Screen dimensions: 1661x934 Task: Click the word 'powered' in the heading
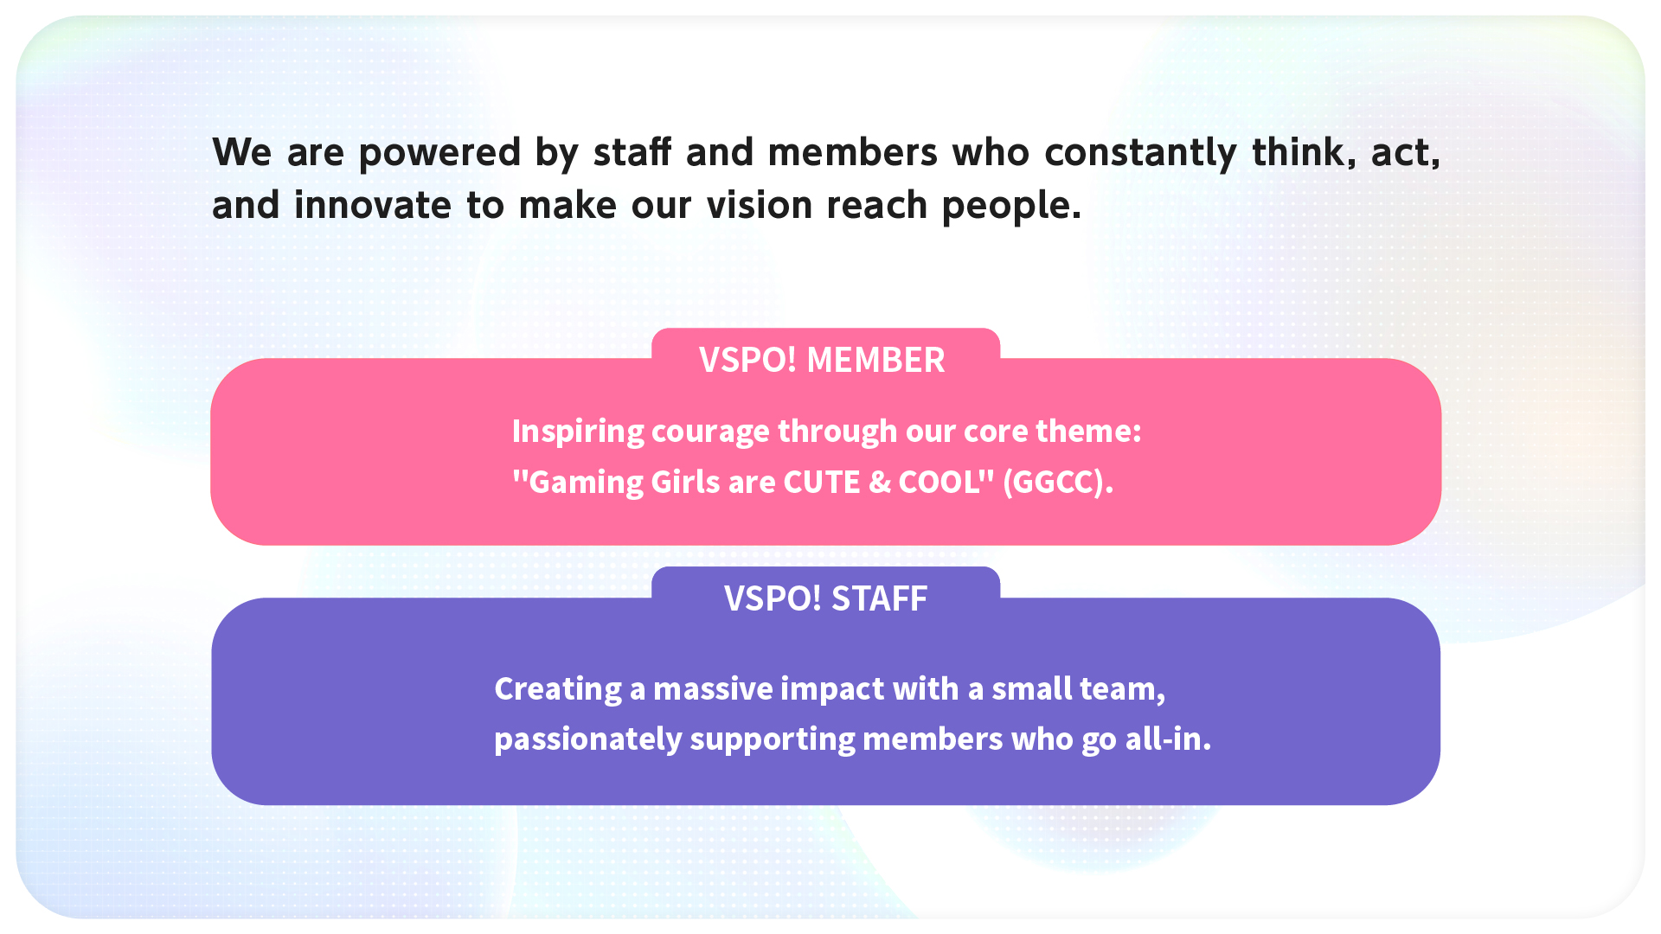[439, 154]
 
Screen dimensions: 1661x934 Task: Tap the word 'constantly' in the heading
[1141, 154]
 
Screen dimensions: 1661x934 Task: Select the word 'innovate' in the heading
[373, 206]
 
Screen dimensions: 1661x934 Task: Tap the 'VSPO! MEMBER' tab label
[822, 360]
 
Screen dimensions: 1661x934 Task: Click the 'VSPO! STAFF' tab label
[825, 598]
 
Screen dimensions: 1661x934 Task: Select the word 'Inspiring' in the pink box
[578, 432]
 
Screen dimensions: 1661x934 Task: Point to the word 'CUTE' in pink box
[822, 482]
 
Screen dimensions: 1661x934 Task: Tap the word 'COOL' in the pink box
[940, 482]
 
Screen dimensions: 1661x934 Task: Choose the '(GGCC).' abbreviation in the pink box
[1058, 483]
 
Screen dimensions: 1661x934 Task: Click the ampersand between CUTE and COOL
[880, 482]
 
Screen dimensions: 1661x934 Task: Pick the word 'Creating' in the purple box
[558, 689]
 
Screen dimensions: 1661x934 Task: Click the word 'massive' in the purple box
[713, 689]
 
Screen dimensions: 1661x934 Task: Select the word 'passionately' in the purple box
[588, 740]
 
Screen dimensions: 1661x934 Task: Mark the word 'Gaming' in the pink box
[586, 483]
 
